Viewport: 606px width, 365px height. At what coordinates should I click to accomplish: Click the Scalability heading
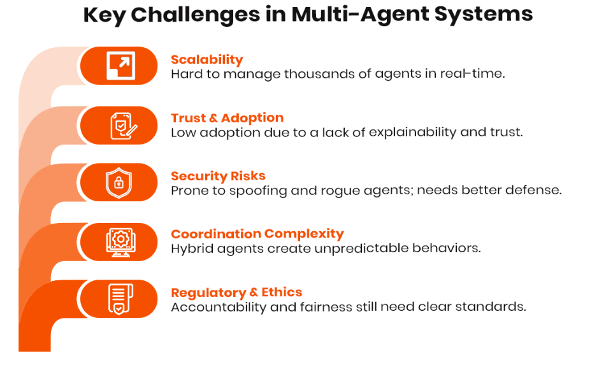pos(206,60)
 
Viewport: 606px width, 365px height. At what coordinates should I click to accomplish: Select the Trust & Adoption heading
pos(227,118)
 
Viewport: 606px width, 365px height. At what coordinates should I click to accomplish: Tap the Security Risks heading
pos(218,176)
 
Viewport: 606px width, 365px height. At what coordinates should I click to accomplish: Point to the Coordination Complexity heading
pos(257,234)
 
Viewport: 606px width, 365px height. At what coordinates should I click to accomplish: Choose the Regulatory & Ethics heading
pos(236,292)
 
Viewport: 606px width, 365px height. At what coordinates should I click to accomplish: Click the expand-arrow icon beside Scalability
pos(119,66)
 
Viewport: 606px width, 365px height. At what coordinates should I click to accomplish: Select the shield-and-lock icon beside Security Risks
pos(119,183)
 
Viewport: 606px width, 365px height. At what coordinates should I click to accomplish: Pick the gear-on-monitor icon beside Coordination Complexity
pos(119,241)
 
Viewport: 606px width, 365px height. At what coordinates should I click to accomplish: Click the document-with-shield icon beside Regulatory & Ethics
pos(119,299)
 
